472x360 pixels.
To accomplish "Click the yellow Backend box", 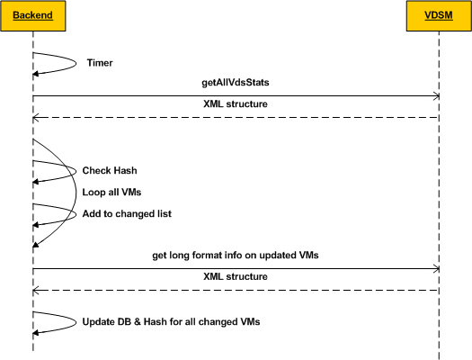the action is tap(32, 15).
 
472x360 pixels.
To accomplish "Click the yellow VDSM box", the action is tap(439, 15).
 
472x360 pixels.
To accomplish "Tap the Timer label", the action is tap(100, 63).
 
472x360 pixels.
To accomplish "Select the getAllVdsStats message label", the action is tap(236, 82).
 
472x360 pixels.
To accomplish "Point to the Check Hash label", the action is tap(110, 170).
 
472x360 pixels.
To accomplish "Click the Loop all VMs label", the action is tap(111, 193).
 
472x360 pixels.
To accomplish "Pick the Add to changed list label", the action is tap(127, 213).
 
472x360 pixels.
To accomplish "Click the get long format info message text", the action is tap(236, 256).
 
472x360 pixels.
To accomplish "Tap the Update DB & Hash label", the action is tap(171, 321).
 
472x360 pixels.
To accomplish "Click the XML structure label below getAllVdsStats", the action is tap(236, 103).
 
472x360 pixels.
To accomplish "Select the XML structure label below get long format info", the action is tap(236, 276).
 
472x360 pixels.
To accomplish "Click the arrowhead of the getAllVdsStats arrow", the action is tap(436, 96).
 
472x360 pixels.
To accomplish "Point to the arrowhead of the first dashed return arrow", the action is tap(36, 118).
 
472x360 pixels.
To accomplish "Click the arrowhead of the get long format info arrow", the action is tap(436, 269).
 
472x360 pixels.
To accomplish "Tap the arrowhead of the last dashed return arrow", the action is tap(36, 291).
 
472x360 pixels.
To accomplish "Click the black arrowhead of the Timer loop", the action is tap(36, 74).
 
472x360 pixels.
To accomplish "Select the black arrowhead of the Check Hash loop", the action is tap(36, 182).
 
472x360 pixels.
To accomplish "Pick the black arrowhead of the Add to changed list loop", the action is tap(36, 225).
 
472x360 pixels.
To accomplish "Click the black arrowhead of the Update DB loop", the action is tap(36, 333).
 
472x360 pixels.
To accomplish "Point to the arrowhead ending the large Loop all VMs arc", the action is tap(36, 245).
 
